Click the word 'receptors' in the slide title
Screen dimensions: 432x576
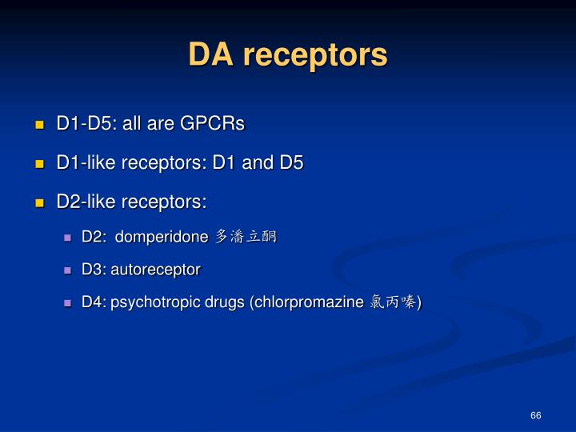[315, 55]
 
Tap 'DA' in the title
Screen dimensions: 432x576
[212, 55]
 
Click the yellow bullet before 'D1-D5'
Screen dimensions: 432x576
[39, 126]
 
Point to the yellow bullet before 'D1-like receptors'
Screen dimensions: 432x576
[39, 164]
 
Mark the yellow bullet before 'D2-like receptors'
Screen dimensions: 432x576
[39, 203]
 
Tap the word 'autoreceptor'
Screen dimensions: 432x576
[155, 270]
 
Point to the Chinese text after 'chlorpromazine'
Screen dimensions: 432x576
[393, 302]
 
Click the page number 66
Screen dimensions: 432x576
[535, 415]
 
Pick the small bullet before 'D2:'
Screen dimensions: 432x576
[69, 238]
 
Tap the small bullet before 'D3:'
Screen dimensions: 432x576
[69, 270]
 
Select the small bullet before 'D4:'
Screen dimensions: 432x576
[69, 303]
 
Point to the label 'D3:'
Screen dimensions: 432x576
[94, 270]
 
